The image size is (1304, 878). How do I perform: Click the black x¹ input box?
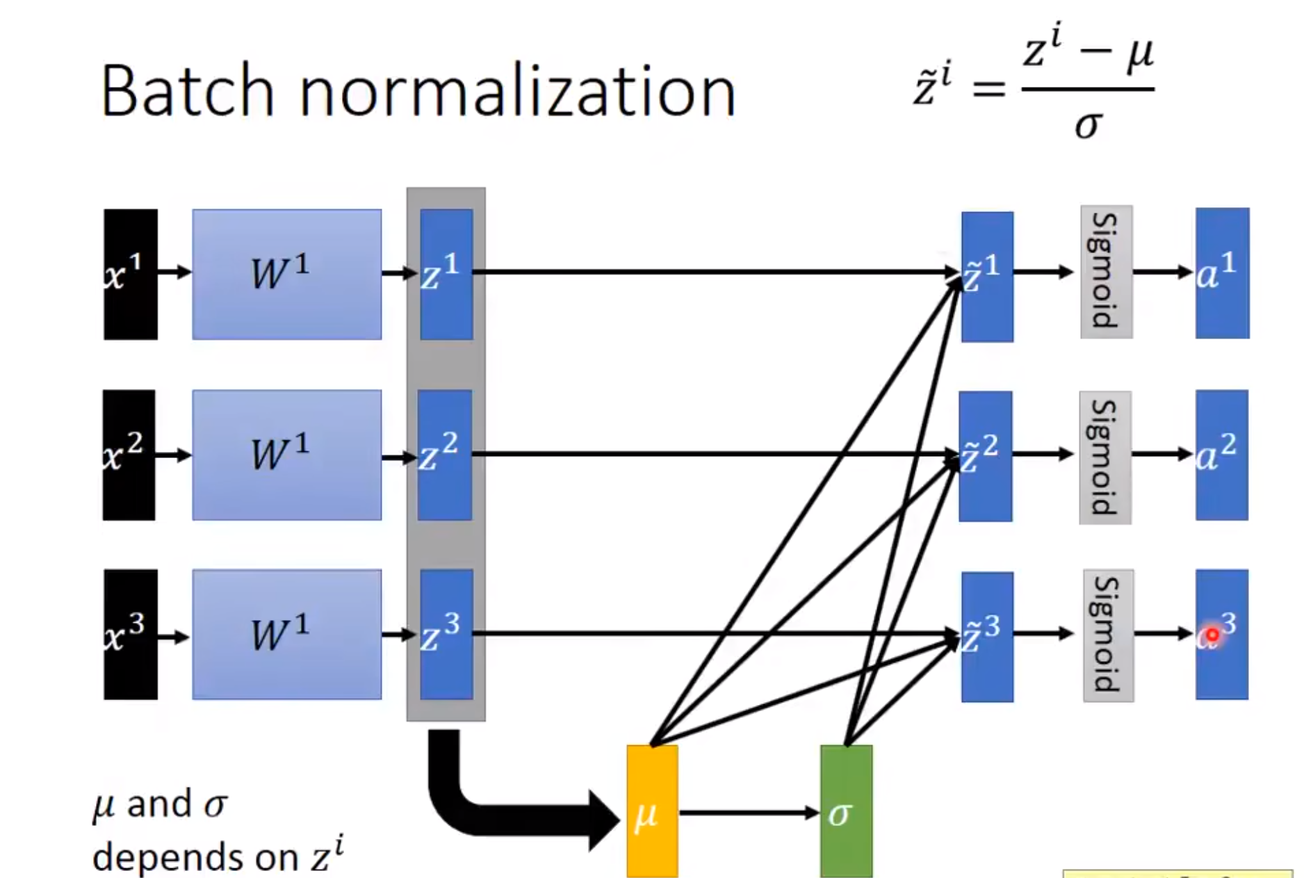(x=131, y=274)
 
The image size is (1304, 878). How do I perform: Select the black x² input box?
(x=129, y=455)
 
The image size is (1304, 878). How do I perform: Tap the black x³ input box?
(x=131, y=634)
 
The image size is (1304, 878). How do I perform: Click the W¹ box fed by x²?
(x=286, y=455)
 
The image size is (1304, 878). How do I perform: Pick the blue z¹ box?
(x=446, y=274)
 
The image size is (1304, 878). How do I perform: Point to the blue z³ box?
(x=446, y=634)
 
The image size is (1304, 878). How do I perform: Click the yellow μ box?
(x=652, y=811)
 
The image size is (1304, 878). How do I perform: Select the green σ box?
(x=846, y=811)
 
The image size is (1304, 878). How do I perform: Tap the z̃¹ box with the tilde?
(x=987, y=277)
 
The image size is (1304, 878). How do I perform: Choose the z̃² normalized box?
(x=986, y=456)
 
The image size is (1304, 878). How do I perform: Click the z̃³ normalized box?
(x=987, y=636)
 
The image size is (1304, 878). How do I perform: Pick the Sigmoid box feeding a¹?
(x=1106, y=272)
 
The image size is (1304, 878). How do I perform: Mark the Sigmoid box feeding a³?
(x=1108, y=635)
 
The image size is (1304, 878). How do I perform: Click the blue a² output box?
(x=1221, y=455)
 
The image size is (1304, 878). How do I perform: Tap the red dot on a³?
(x=1212, y=635)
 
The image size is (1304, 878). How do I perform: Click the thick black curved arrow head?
(x=603, y=820)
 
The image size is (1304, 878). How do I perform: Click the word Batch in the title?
(x=187, y=92)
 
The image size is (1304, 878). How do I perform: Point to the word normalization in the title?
(x=517, y=92)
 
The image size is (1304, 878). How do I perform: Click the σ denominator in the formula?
(x=1088, y=126)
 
